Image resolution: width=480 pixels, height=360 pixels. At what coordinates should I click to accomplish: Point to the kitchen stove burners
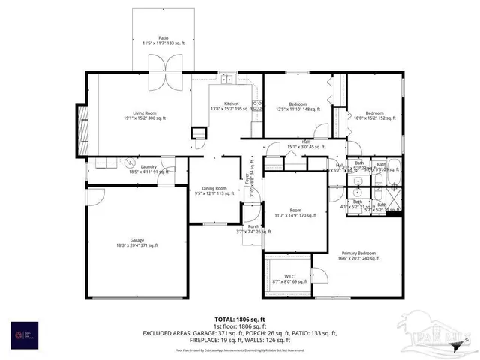click(x=256, y=105)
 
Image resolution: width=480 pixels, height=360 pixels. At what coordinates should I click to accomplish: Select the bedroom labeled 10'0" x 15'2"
click(x=375, y=115)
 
